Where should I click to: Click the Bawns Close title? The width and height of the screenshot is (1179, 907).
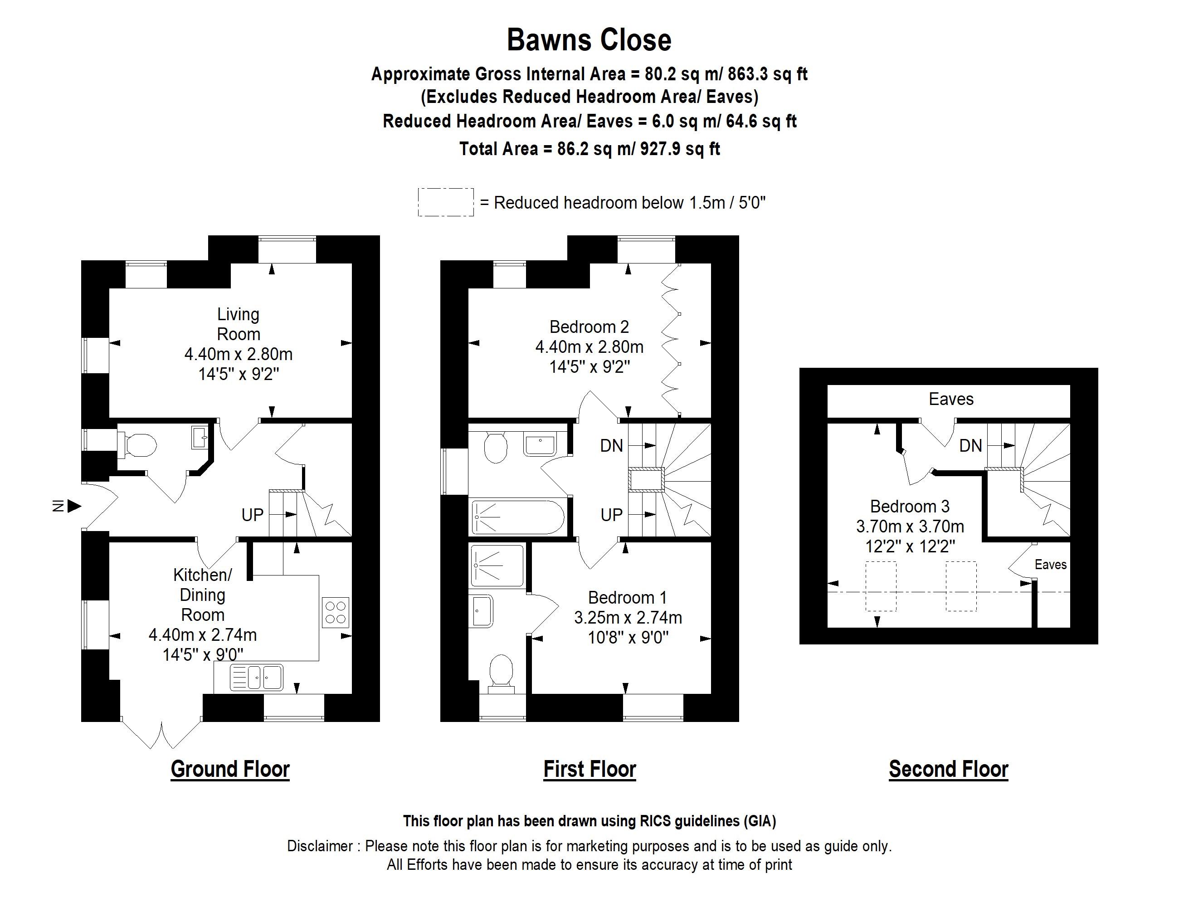(x=589, y=40)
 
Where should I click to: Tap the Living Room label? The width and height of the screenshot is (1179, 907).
(x=238, y=324)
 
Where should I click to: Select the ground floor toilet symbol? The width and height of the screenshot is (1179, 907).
(x=139, y=446)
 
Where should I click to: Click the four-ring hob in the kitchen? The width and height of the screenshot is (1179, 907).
(x=335, y=612)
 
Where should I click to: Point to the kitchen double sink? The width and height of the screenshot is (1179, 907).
(x=257, y=677)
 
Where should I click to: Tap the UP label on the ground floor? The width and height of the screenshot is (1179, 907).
(x=252, y=515)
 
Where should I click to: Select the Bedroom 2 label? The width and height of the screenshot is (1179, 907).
(x=589, y=327)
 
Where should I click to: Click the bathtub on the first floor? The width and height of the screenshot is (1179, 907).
(x=517, y=517)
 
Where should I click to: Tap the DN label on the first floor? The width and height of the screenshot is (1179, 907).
(x=611, y=446)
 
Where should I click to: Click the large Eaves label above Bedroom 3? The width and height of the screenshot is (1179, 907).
(x=950, y=400)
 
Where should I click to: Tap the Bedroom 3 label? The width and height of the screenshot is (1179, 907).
(x=910, y=507)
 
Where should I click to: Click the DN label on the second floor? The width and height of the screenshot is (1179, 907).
(x=970, y=446)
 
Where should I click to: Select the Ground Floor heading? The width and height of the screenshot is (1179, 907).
(x=230, y=769)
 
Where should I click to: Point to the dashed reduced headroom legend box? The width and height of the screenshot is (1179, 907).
(x=445, y=202)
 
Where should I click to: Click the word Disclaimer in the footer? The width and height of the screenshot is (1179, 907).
(x=320, y=846)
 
